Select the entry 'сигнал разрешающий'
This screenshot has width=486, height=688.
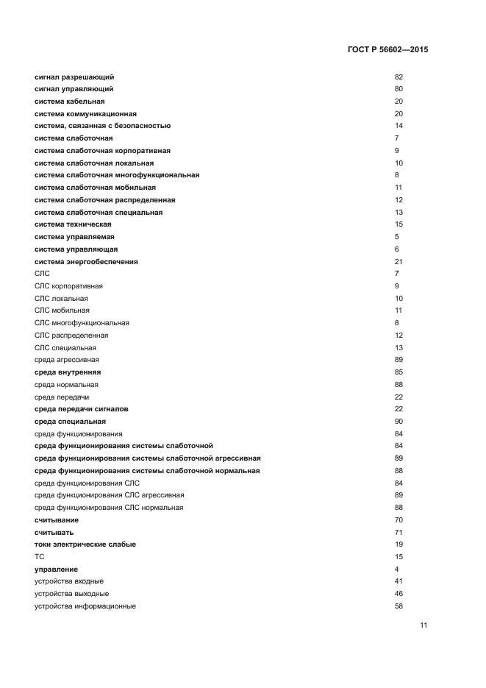74,77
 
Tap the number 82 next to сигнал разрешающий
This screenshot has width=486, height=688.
399,77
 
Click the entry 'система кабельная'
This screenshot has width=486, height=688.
70,102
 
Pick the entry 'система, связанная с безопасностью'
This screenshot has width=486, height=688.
102,126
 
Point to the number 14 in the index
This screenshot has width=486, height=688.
399,126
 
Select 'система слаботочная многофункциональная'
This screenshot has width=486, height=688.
117,175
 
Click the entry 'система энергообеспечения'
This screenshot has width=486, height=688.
86,262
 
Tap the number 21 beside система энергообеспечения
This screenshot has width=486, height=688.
399,262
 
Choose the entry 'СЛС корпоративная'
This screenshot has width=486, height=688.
68,286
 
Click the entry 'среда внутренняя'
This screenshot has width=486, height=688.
68,372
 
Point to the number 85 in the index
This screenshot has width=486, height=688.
399,372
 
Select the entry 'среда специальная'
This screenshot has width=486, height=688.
70,422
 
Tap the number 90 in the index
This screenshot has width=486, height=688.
399,422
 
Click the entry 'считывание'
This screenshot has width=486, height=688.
57,520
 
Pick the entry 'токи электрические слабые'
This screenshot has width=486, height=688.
85,545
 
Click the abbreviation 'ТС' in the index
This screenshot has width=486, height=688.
40,557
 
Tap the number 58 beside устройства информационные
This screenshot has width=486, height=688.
399,606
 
